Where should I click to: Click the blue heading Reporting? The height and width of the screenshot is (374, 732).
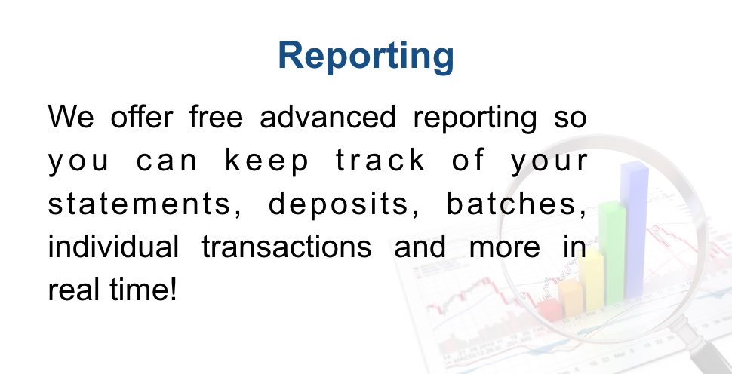[x=366, y=57]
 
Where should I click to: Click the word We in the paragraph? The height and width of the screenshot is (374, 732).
[x=71, y=117]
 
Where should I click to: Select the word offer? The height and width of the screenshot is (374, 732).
[x=142, y=116]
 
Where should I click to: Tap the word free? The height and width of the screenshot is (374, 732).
[x=216, y=116]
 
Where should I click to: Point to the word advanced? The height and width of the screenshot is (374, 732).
[x=328, y=116]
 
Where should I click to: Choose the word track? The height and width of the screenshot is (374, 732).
[x=380, y=160]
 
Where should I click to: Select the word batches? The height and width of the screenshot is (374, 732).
[x=516, y=204]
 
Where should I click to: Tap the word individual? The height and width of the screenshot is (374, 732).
[x=113, y=247]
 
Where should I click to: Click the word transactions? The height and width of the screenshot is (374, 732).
[x=287, y=247]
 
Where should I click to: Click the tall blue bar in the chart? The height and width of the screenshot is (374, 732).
[x=634, y=229]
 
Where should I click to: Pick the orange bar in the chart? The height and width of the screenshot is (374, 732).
[x=570, y=298]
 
